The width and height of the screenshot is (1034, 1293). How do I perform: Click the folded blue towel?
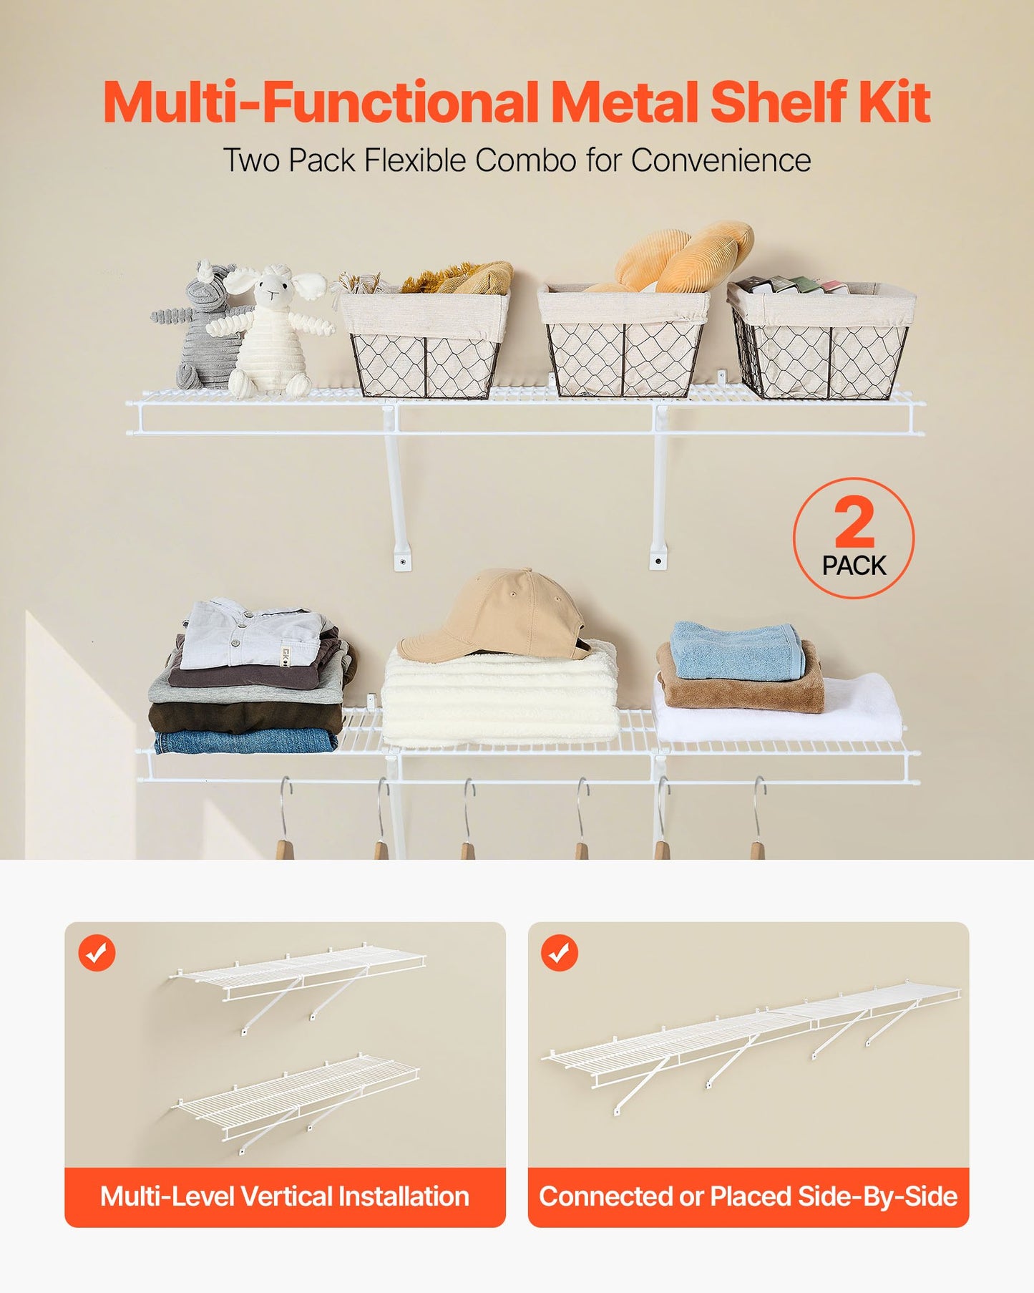click(x=737, y=652)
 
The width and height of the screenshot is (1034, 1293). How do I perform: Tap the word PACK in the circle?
click(x=854, y=566)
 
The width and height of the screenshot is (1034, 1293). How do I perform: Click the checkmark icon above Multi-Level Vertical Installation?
click(x=97, y=953)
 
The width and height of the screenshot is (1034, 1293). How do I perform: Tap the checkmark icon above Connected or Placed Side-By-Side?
click(x=560, y=953)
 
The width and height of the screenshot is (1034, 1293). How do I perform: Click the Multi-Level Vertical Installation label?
click(x=285, y=1196)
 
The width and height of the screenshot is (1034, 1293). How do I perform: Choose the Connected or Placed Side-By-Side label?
click(x=748, y=1196)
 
